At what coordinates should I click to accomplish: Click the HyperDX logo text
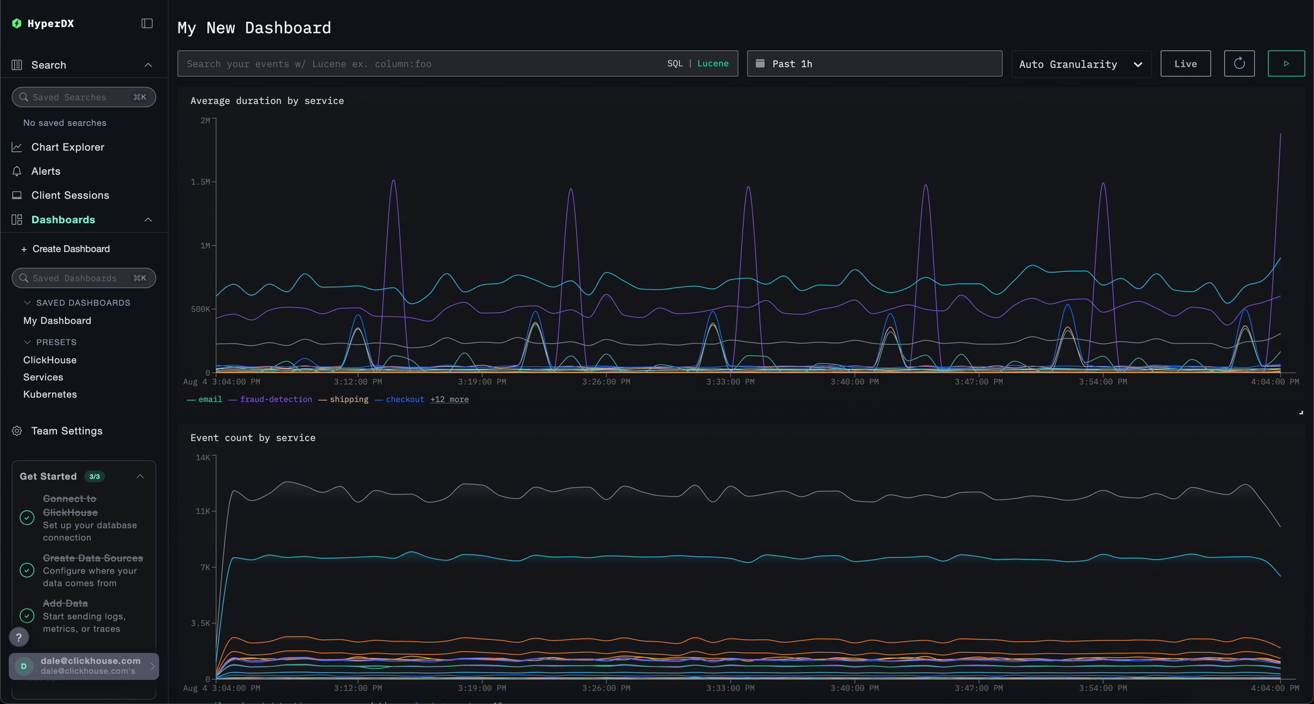51,24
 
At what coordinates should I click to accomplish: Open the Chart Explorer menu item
67,147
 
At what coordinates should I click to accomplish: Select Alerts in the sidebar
46,171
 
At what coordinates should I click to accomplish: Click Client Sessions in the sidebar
70,195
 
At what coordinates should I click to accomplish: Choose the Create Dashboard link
71,249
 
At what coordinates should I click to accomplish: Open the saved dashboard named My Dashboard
57,321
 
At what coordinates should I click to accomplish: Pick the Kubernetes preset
50,394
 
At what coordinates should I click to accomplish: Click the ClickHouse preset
49,360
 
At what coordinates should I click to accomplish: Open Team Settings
67,431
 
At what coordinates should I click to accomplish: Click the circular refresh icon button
1239,63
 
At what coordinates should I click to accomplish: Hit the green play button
1286,63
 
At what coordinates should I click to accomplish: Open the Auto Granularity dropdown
1080,64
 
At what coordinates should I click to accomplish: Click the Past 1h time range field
874,63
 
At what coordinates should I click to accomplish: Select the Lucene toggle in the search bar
713,63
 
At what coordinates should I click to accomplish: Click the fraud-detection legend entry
276,399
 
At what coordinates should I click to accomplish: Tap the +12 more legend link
449,399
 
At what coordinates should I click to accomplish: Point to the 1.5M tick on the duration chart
200,182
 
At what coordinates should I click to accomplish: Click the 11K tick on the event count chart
202,511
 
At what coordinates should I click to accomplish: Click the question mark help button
19,637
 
